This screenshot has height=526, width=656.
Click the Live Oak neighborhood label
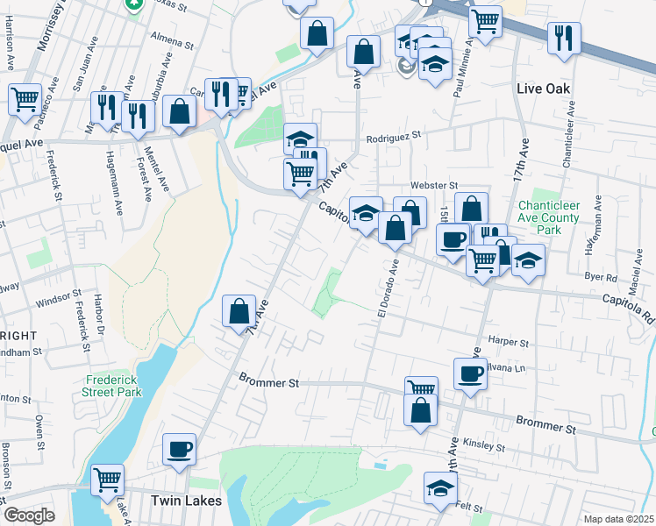(544, 89)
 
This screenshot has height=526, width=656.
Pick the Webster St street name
(435, 186)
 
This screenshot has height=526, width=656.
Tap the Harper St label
(511, 343)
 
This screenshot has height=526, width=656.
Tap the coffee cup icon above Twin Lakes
(180, 448)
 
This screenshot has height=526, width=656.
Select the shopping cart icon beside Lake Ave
(108, 480)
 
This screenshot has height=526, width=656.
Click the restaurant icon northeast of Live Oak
(564, 37)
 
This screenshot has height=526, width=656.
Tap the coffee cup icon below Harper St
(470, 373)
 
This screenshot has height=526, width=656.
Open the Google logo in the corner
(29, 515)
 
